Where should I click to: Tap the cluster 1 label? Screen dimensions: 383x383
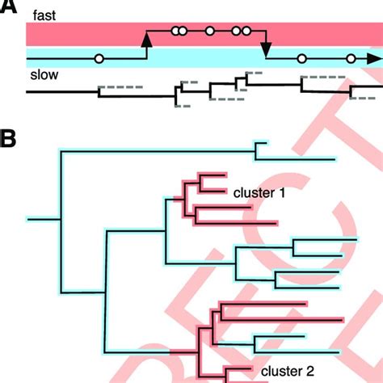tap(259, 193)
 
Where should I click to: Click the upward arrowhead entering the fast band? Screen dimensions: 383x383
tap(146, 38)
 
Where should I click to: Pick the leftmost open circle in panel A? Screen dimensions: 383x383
tap(99, 58)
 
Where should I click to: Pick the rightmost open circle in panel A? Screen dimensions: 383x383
tap(351, 58)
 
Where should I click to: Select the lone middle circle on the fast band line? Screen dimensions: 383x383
tap(209, 32)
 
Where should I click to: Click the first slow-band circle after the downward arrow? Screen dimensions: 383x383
tap(301, 58)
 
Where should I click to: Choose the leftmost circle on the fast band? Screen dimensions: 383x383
tap(175, 32)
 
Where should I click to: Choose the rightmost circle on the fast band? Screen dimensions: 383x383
tap(246, 32)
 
